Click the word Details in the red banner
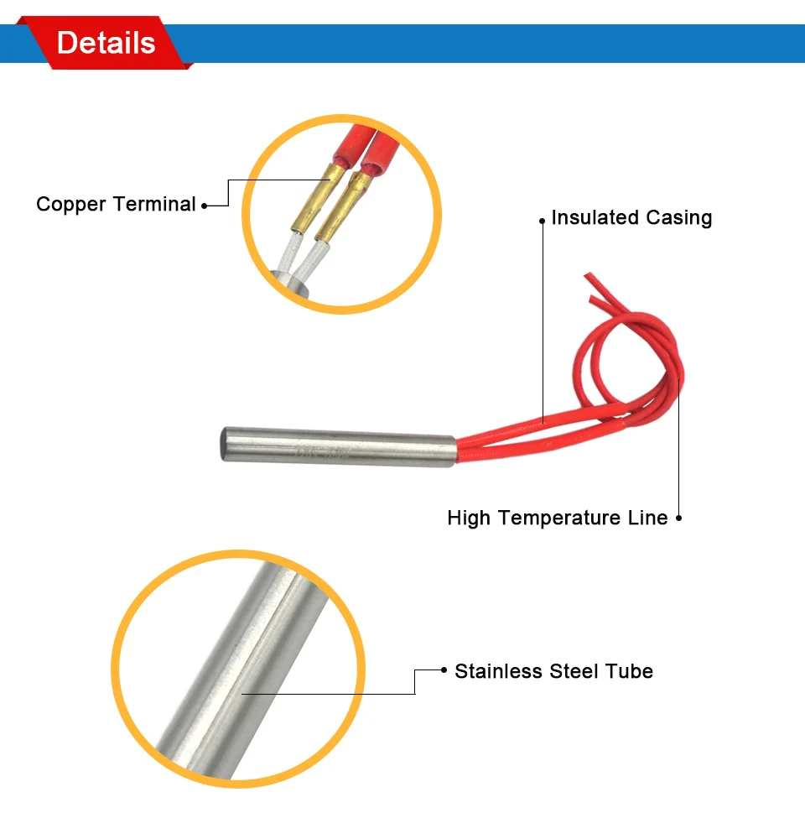pyautogui.click(x=106, y=43)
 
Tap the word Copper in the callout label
pyautogui.click(x=71, y=205)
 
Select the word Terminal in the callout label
pyautogui.click(x=155, y=204)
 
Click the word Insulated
pyautogui.click(x=595, y=217)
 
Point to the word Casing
pyautogui.click(x=679, y=218)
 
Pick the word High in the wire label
pyautogui.click(x=469, y=518)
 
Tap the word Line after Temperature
pyautogui.click(x=647, y=518)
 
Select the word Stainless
pyautogui.click(x=498, y=671)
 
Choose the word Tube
pyautogui.click(x=629, y=671)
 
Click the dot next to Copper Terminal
pyautogui.click(x=205, y=206)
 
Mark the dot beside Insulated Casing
pyautogui.click(x=543, y=221)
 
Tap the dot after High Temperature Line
pyautogui.click(x=679, y=518)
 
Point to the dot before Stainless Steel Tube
pyautogui.click(x=444, y=670)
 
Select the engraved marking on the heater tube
pyautogui.click(x=322, y=452)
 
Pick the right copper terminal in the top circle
pyautogui.click(x=343, y=207)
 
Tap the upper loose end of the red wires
pyautogui.click(x=589, y=275)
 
